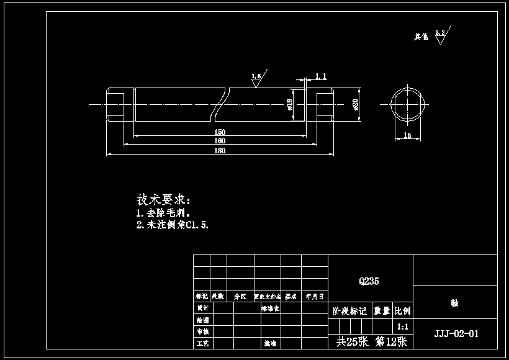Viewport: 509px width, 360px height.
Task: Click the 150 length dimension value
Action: (220, 132)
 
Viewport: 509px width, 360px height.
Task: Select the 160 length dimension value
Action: (220, 141)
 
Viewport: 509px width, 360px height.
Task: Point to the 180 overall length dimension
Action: (220, 151)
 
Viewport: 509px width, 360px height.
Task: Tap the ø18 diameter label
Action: (290, 104)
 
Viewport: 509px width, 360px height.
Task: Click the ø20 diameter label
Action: (356, 104)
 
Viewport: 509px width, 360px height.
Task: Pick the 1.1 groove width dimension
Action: (321, 76)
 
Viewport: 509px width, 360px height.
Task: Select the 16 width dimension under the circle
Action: (407, 135)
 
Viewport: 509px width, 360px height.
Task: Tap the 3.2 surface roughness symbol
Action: (441, 34)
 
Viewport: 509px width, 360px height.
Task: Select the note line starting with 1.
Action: (163, 213)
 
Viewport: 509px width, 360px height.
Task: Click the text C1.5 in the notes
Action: (197, 225)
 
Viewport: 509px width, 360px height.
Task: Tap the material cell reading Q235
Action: (369, 281)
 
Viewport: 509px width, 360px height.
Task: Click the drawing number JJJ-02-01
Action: (456, 333)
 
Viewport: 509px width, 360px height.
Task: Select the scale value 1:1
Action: (402, 326)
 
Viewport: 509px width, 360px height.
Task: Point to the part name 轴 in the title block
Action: (455, 304)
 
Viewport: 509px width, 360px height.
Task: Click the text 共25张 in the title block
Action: (351, 341)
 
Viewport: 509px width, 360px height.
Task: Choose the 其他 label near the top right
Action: (421, 37)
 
